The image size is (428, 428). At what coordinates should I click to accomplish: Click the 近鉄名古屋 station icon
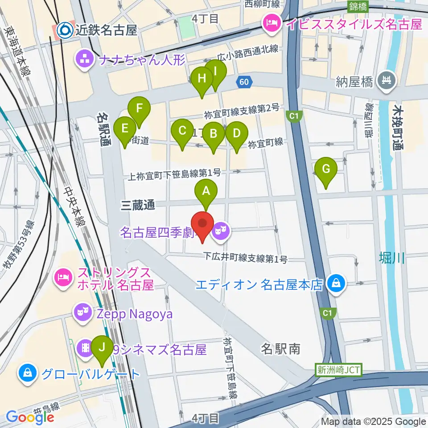coord(65,30)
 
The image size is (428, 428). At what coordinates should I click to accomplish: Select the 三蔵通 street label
coord(138,205)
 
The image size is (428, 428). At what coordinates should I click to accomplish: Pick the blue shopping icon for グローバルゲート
coord(28,373)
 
